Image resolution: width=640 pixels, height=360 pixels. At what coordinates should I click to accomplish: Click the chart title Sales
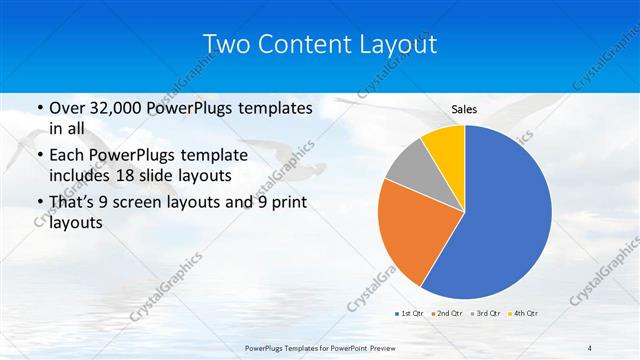click(464, 109)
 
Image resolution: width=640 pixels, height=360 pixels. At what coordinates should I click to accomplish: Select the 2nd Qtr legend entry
click(447, 314)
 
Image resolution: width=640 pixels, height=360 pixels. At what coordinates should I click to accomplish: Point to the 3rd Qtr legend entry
click(484, 314)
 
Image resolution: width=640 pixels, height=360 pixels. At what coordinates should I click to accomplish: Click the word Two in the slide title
click(226, 45)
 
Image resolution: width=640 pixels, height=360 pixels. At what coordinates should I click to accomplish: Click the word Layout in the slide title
click(399, 45)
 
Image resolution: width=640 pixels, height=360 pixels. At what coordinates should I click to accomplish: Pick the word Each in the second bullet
click(67, 155)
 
